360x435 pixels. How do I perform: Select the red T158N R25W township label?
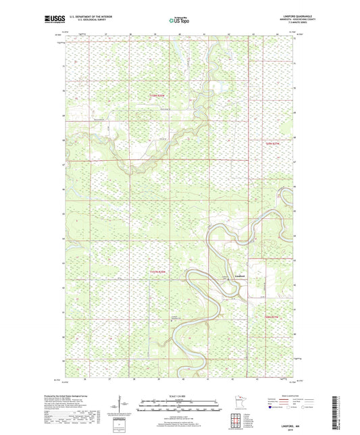click(157, 96)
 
